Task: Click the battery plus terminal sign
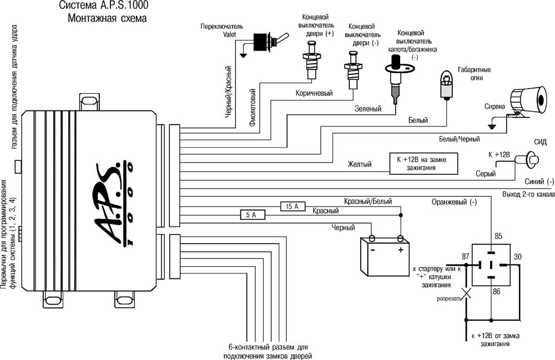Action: pos(400,250)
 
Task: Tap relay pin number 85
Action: pos(498,237)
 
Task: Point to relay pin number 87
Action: pos(465,256)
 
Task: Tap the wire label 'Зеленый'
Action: pos(368,109)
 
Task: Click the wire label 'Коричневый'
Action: pos(314,94)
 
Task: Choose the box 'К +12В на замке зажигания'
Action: pos(425,163)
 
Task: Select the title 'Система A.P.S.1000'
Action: pos(104,7)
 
